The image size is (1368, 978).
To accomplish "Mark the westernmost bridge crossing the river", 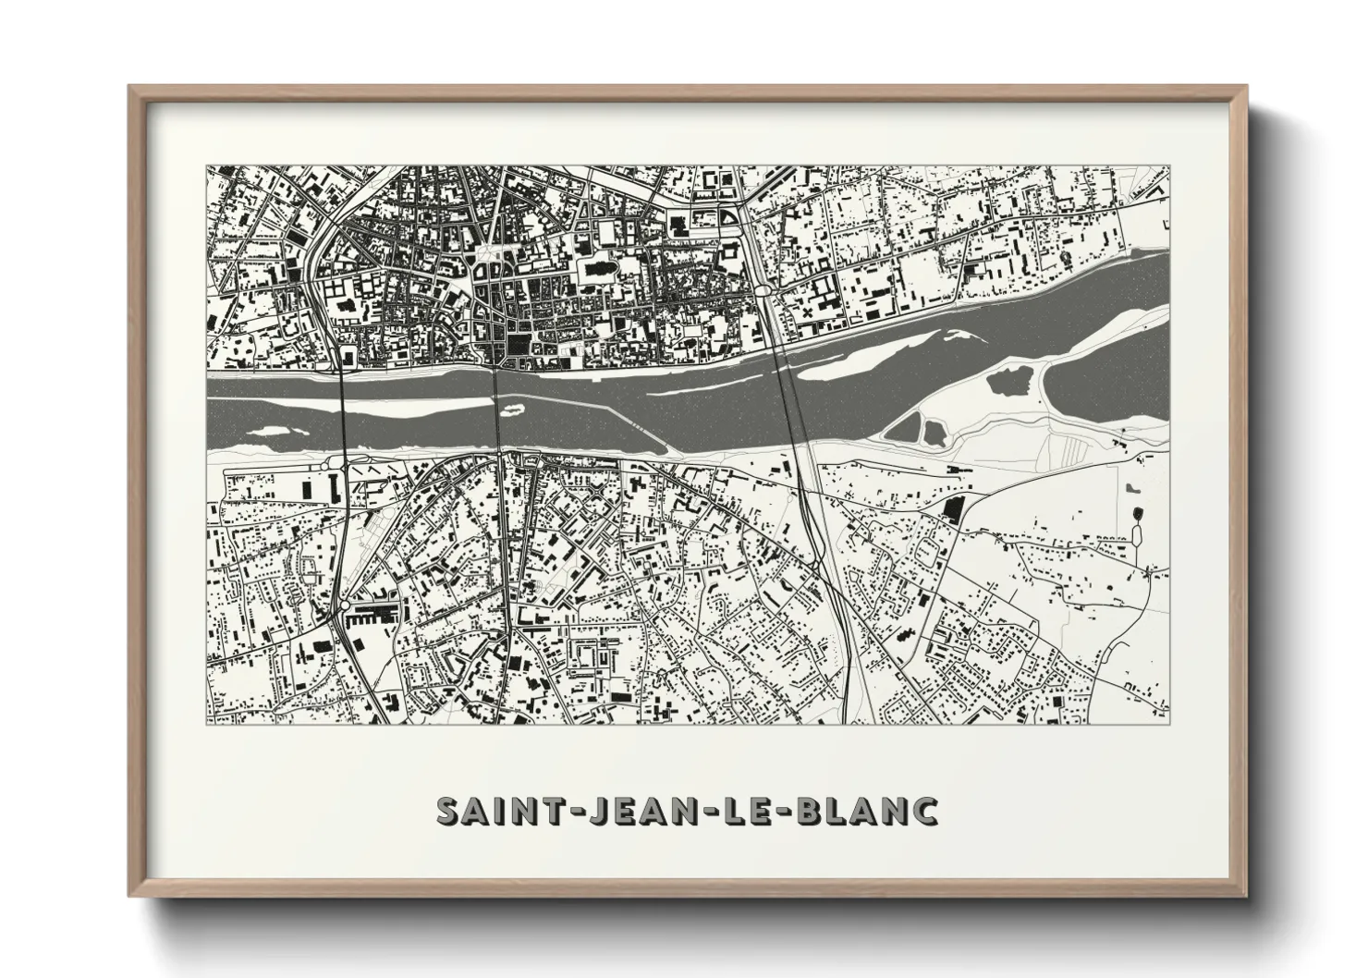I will coord(343,411).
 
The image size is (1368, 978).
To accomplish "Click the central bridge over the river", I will coord(497,411).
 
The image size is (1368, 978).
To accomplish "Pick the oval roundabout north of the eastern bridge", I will coord(764,290).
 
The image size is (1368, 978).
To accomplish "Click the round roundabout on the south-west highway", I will coord(344,605).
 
